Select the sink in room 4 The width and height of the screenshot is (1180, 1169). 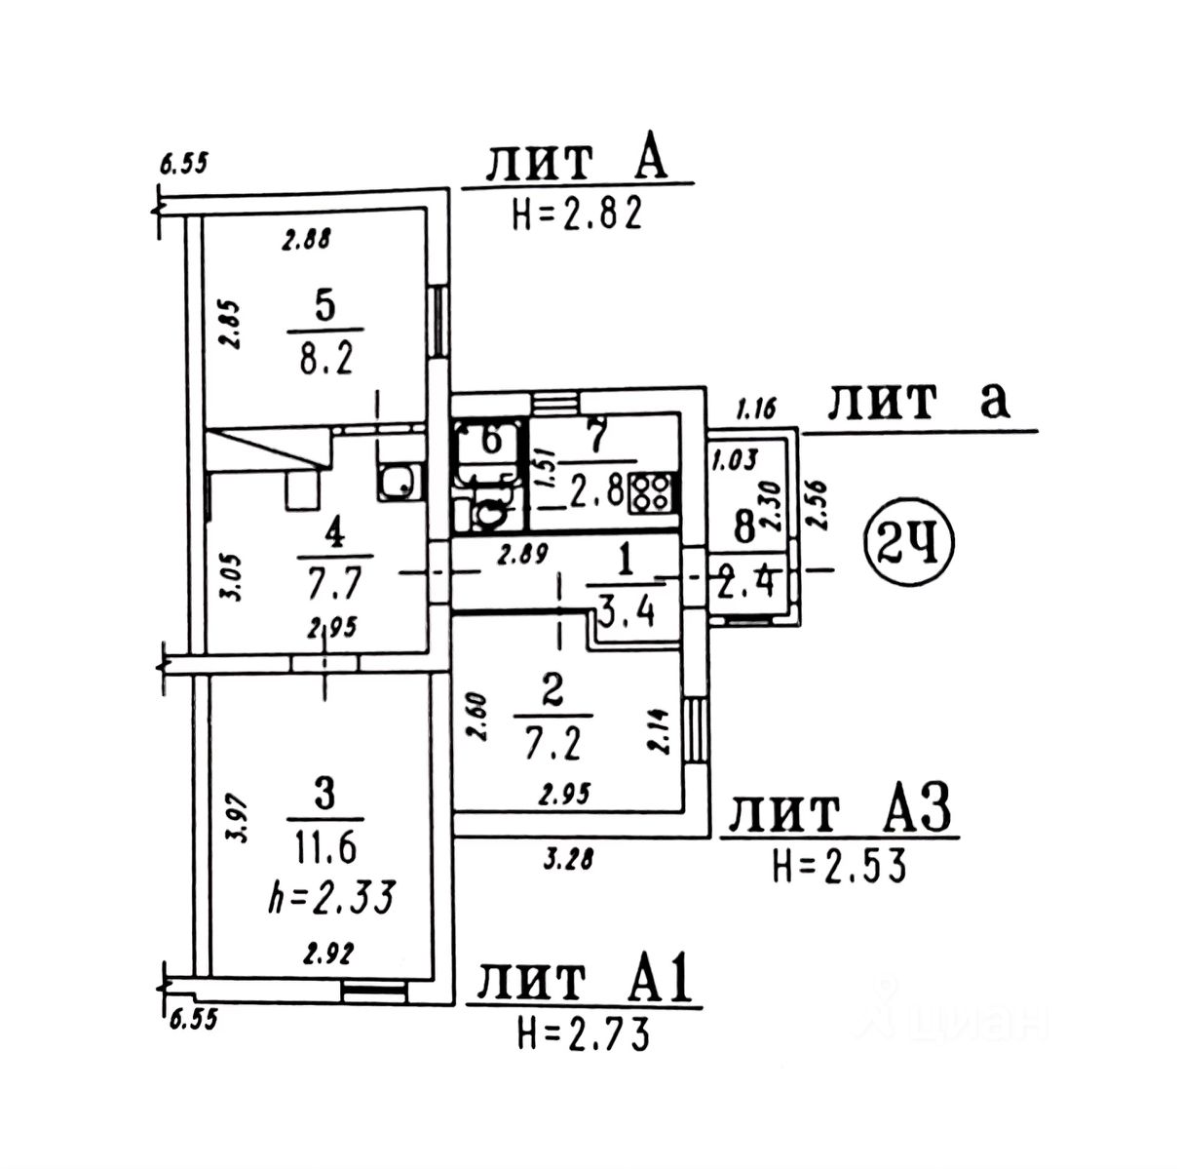pyautogui.click(x=398, y=482)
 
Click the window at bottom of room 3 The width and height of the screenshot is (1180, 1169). pyautogui.click(x=375, y=991)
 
